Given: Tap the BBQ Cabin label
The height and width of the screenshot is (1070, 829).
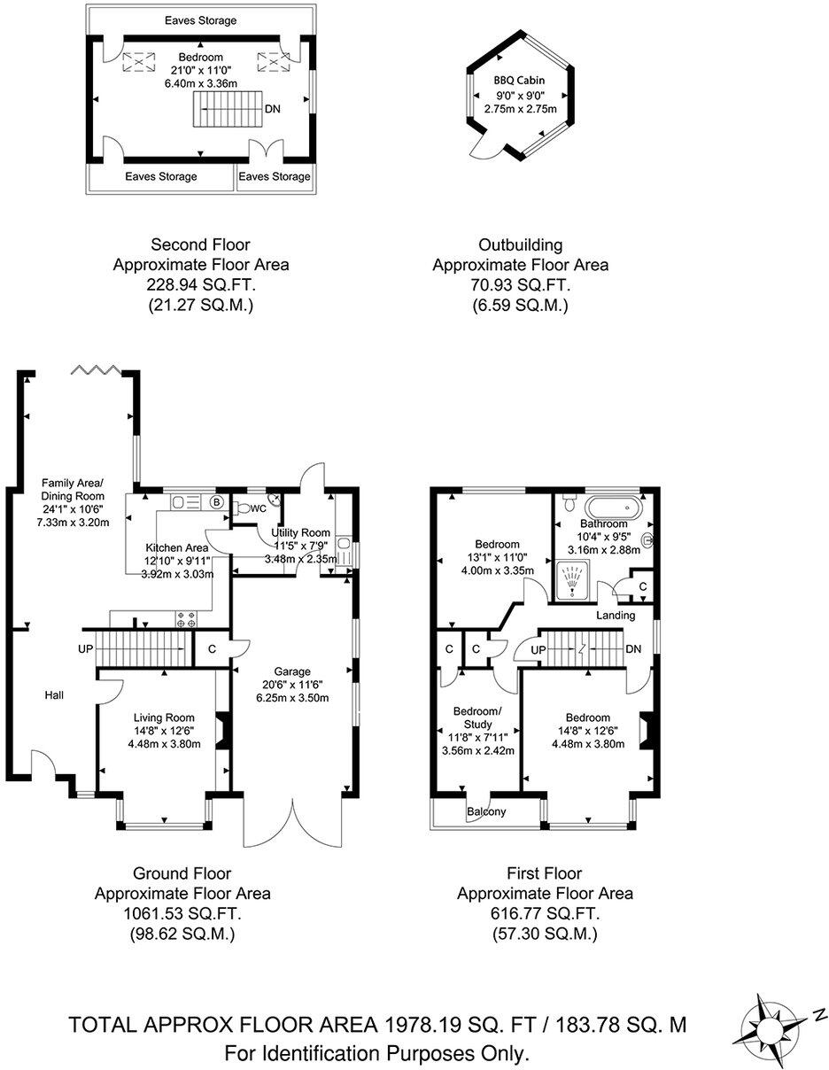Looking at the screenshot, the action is [520, 81].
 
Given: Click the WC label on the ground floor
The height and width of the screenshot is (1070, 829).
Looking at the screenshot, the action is [258, 509].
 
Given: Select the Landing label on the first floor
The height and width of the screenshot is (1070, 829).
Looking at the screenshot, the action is [616, 615].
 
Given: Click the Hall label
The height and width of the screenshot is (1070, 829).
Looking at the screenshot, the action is [54, 695].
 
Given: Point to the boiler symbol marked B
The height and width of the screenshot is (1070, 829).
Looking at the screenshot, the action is [216, 502].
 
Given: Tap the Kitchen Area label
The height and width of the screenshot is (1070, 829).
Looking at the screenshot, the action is [177, 547].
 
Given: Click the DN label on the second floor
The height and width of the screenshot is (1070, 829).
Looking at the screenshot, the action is [275, 110].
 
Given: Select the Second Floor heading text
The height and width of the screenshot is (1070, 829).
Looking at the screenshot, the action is [200, 244].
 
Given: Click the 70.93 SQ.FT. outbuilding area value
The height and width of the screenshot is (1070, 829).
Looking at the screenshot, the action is [521, 284].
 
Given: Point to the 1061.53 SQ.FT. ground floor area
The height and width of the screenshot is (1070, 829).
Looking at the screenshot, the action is [182, 913].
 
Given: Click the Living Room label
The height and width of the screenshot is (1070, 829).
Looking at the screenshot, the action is [164, 717].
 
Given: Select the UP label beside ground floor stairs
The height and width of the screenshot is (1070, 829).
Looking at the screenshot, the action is [85, 649].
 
